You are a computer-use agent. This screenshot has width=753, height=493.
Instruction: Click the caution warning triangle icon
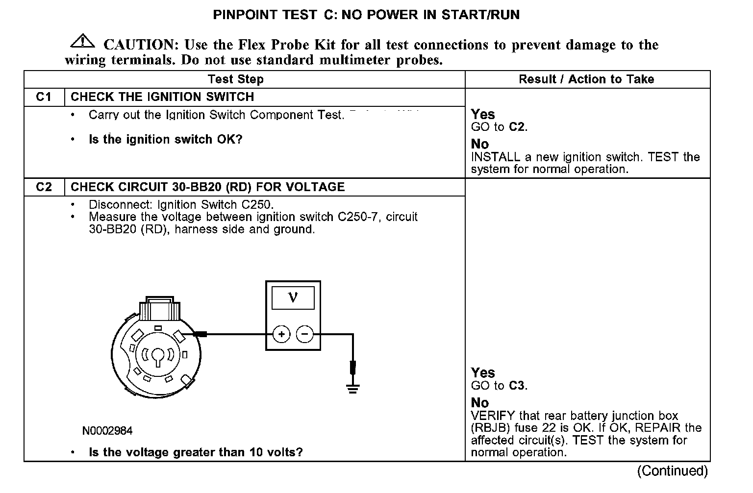pos(83,42)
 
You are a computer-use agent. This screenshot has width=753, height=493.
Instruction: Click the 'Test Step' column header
pos(235,79)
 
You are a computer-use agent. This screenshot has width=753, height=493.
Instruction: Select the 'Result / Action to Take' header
pos(586,79)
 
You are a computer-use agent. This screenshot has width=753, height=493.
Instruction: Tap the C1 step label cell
pos(44,97)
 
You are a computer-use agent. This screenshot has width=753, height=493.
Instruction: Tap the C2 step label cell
pos(44,187)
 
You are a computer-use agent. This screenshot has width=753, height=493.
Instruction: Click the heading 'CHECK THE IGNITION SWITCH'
pos(162,97)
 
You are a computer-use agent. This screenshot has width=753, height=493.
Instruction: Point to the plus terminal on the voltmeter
pos(281,335)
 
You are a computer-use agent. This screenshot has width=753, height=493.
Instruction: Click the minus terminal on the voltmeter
pos(305,335)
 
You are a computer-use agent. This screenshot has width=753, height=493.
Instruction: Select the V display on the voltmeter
pos(293,297)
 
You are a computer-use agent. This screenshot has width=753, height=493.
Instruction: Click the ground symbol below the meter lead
pos(352,389)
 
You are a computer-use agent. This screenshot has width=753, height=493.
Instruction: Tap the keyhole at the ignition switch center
pos(157,356)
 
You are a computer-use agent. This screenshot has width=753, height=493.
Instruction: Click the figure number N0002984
pos(107,431)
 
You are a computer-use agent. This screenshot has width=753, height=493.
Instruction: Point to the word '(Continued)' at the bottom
pos(673,471)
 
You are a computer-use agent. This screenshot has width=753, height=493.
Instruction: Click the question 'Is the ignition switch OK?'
pos(165,140)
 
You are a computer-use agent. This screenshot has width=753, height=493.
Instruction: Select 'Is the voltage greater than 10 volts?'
pos(196,452)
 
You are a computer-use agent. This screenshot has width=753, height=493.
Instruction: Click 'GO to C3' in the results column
pos(499,386)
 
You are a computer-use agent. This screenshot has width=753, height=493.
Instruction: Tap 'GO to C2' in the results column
pos(499,127)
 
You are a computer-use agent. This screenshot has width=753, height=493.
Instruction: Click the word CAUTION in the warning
pos(139,45)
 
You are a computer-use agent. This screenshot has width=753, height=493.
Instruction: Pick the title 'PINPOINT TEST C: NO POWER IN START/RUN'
pos(366,15)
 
